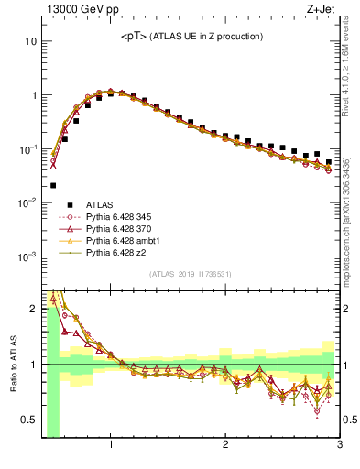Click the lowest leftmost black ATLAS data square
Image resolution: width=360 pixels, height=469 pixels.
53,185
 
